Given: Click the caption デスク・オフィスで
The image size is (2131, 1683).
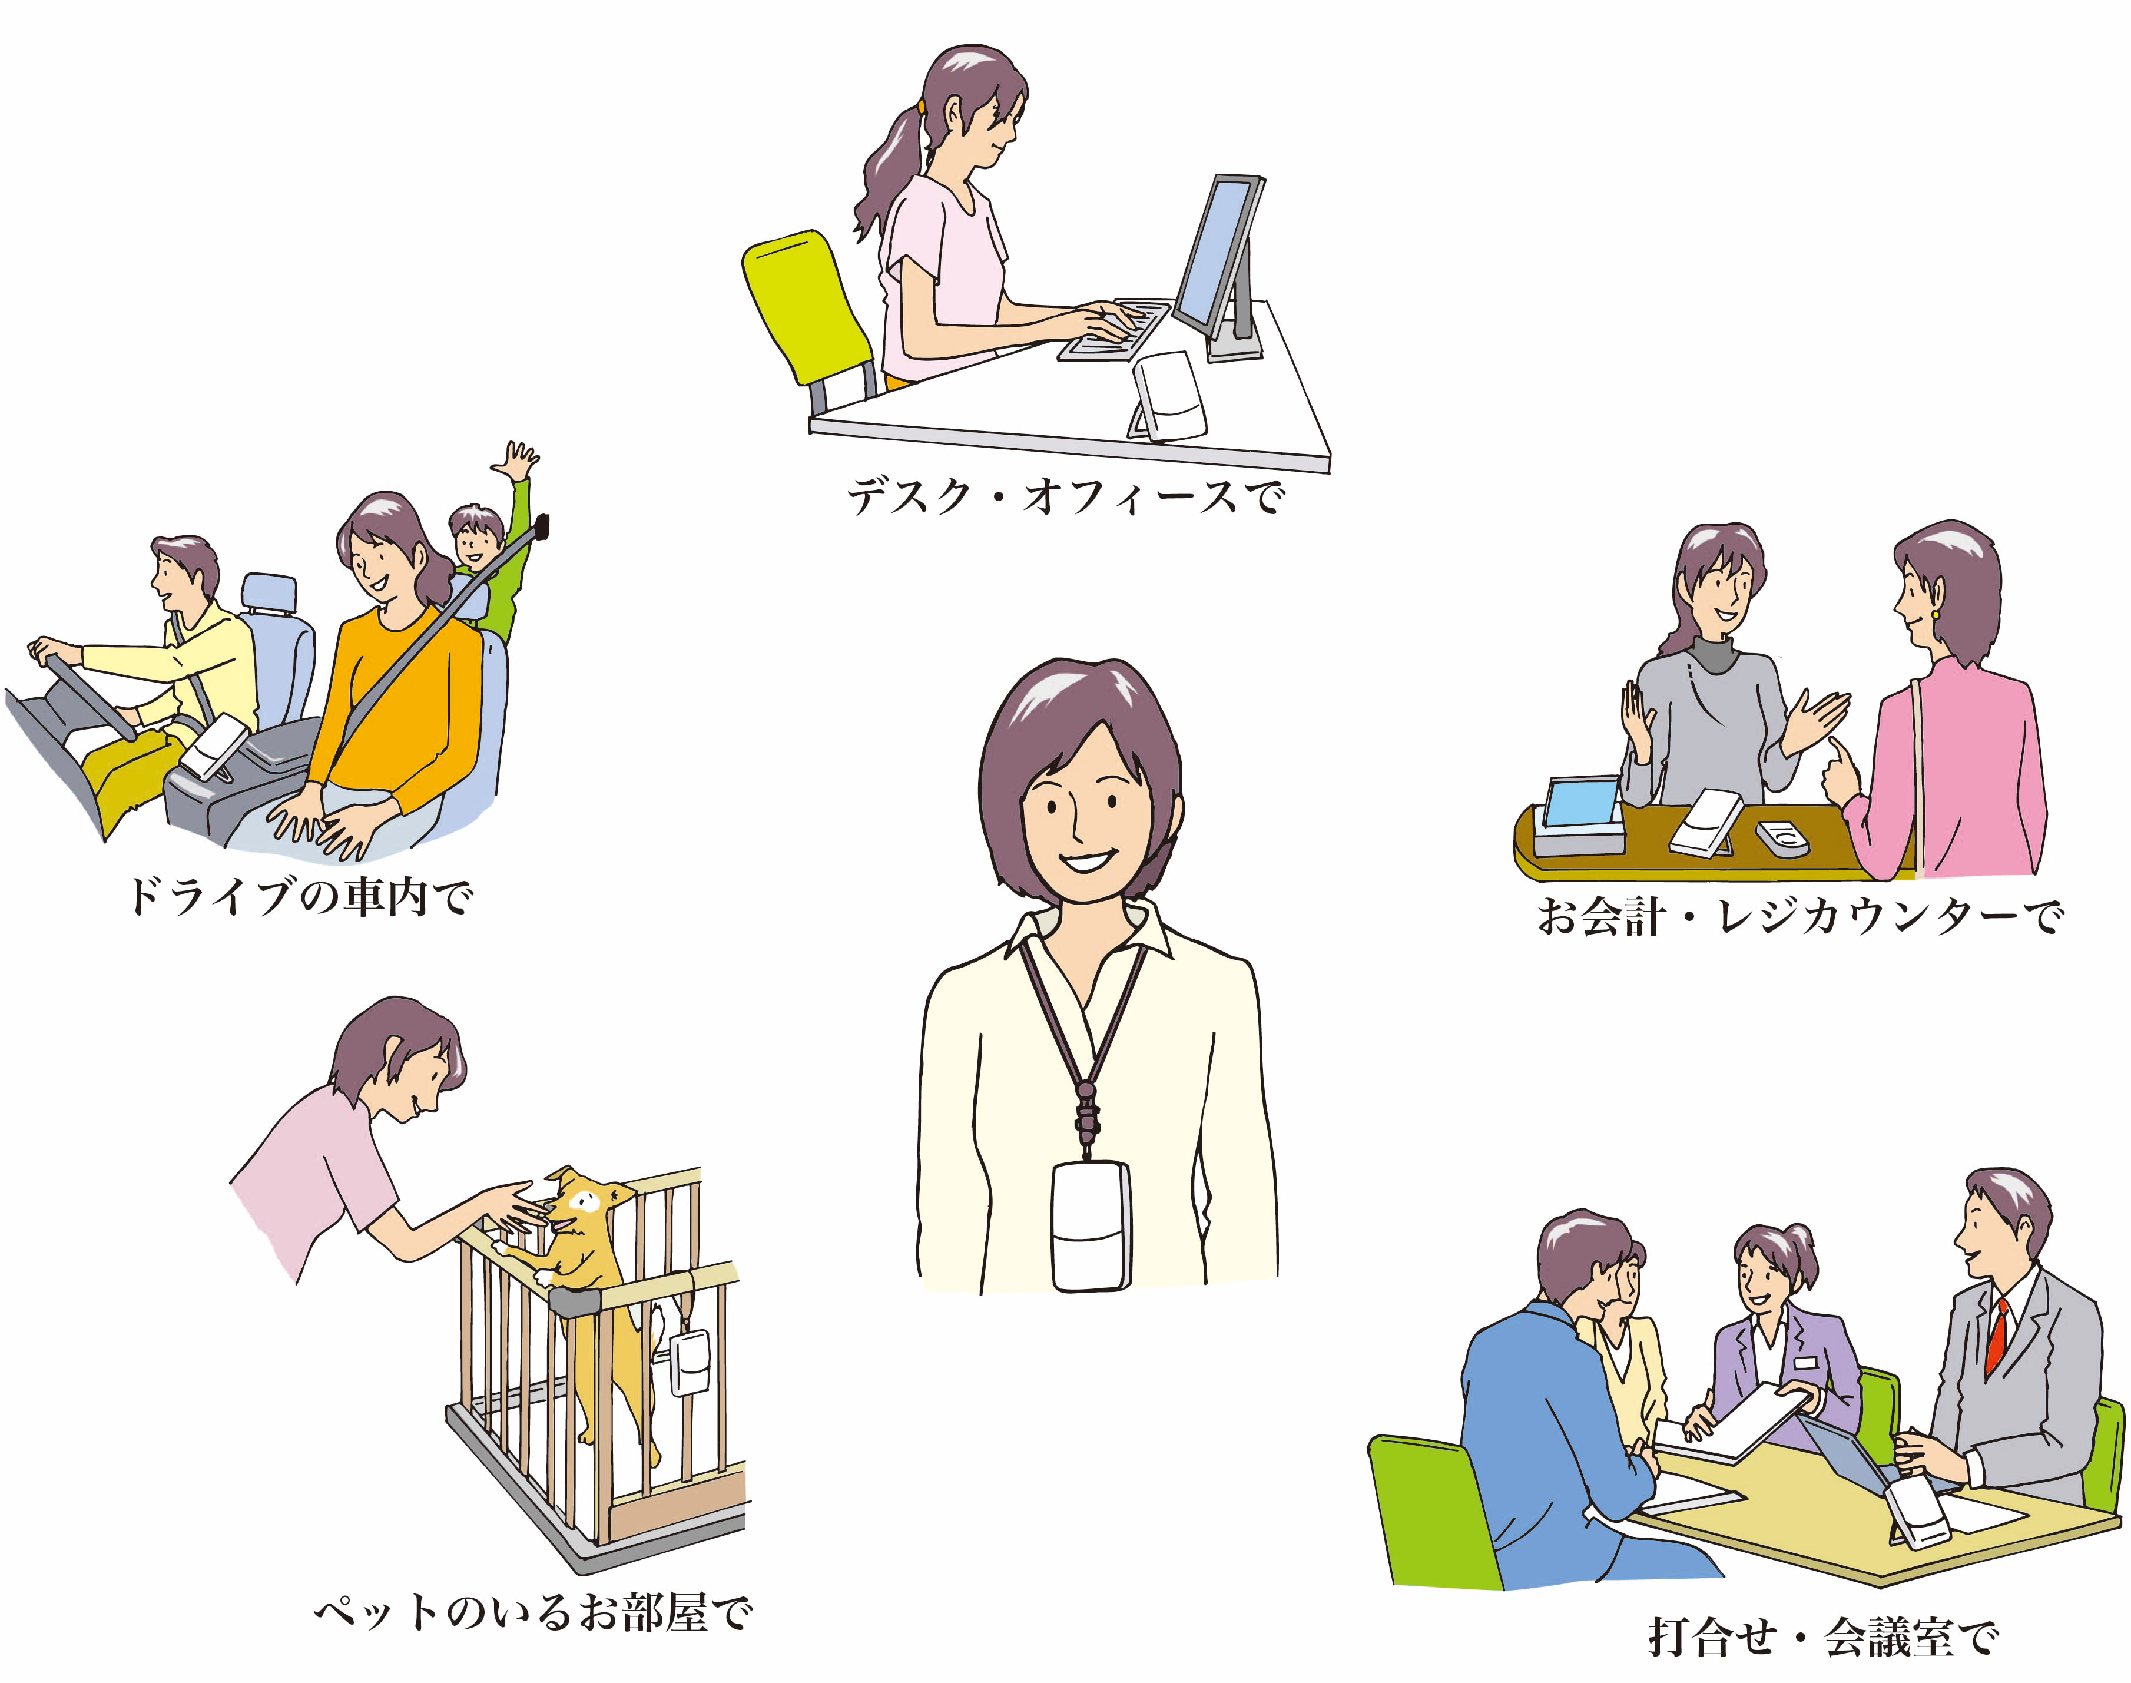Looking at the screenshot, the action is coord(1066,496).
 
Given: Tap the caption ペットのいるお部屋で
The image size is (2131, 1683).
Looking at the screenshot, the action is coord(533,1613).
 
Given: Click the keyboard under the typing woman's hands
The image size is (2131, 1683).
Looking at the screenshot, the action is coord(1113,330).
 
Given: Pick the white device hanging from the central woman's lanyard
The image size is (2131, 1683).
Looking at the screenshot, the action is coord(1089,1227).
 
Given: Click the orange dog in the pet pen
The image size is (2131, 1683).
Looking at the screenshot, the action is coord(583,1281).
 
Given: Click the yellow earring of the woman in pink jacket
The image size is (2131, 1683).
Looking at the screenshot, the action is coord(1935,614).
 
